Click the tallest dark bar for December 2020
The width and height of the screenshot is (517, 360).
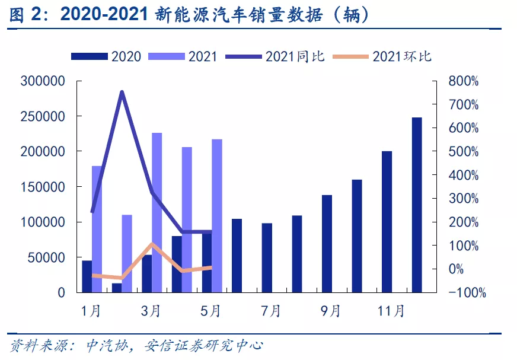[417, 205]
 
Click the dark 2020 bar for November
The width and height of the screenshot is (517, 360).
[387, 222]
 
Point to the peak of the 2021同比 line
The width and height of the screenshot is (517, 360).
[122, 92]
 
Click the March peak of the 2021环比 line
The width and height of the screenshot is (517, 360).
[152, 244]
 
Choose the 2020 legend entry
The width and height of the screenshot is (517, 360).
[107, 56]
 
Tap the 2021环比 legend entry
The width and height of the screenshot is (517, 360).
[382, 56]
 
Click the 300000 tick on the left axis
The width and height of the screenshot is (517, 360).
[43, 81]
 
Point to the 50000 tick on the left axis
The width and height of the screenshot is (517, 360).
[46, 257]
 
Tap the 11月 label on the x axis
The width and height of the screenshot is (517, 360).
[390, 310]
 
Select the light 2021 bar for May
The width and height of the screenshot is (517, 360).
[216, 216]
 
